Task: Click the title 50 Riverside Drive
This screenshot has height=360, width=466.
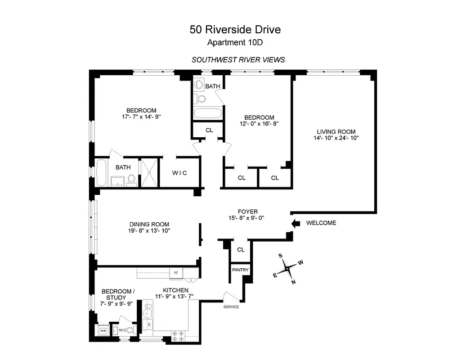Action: [235, 30]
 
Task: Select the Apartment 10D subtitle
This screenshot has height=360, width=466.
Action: [235, 43]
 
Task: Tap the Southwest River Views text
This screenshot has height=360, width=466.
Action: [238, 59]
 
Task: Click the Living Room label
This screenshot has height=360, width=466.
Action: [336, 132]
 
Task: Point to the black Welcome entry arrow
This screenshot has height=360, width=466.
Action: [296, 223]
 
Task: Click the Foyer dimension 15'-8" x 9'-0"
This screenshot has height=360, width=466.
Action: [248, 218]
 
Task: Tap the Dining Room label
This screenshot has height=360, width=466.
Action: [149, 225]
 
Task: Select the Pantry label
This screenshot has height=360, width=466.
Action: [240, 270]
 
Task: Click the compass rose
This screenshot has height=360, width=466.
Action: [287, 269]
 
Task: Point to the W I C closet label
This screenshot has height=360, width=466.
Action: [179, 173]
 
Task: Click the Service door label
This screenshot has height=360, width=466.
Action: [231, 307]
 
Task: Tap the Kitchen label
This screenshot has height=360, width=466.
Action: [175, 290]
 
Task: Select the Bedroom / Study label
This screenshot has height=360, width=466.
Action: [116, 294]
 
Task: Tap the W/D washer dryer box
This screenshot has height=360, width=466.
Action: [103, 331]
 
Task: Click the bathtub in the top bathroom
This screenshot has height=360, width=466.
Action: [208, 113]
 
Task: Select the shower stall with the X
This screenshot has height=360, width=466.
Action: [149, 172]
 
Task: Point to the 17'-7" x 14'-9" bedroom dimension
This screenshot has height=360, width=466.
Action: [141, 117]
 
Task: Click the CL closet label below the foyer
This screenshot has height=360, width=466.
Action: [241, 250]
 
